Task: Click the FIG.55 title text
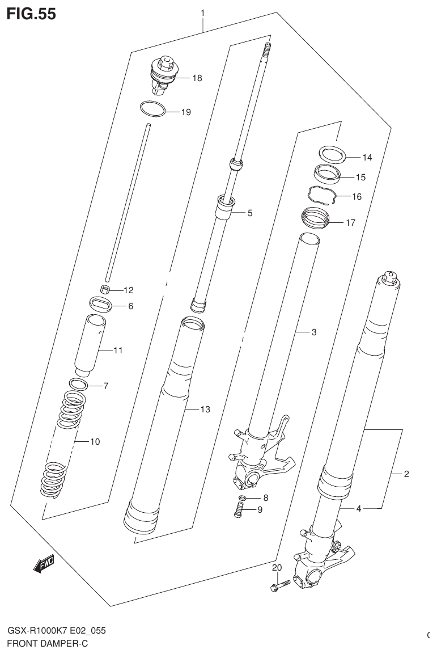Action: [31, 14]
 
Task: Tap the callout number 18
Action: [197, 78]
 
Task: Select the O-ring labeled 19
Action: [152, 108]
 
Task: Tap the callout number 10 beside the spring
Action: [95, 441]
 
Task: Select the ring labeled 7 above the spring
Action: [79, 384]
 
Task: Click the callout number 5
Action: [249, 213]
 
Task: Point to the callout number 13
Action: [205, 409]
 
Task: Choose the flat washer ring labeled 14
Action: [332, 154]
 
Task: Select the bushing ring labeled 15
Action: [327, 174]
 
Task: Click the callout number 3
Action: [313, 332]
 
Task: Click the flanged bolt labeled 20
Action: [281, 584]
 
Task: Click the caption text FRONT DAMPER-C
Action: [48, 644]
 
